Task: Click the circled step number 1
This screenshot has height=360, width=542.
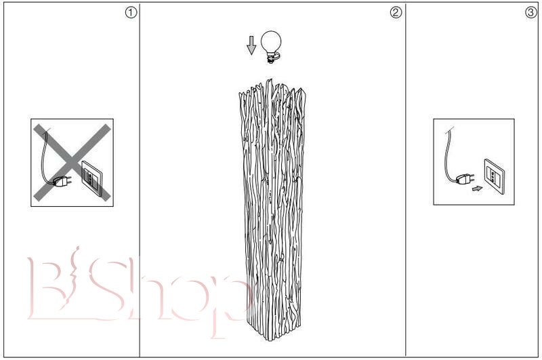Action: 131,13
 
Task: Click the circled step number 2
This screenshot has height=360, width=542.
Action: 396,13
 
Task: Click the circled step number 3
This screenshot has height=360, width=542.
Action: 531,13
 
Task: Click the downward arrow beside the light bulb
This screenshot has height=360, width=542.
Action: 251,45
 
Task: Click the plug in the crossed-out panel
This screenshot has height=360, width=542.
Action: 62,181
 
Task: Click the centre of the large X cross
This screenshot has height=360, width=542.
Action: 72,162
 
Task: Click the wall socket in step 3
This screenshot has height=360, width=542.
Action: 495,176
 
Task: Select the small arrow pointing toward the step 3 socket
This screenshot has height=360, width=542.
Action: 478,188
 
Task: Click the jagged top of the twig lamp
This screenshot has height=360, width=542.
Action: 272,89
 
